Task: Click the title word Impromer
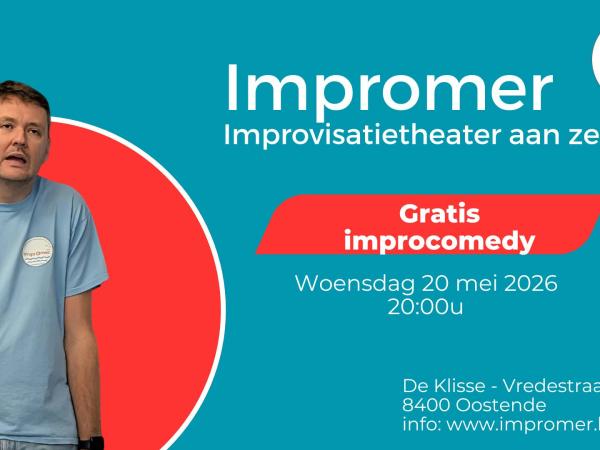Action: point(389,89)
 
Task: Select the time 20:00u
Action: point(425,306)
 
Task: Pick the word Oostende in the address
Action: point(496,405)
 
